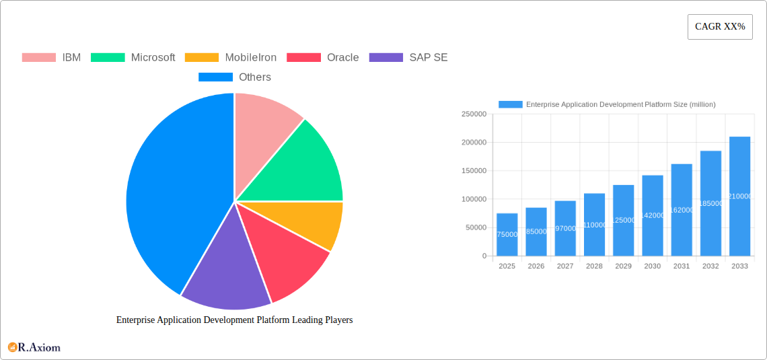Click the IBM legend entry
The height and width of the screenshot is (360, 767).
click(52, 58)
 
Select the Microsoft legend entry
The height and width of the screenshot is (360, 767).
click(133, 58)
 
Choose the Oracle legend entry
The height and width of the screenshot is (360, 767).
click(323, 58)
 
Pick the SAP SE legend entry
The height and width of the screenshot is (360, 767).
click(409, 58)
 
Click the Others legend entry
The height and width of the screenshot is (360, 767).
click(235, 77)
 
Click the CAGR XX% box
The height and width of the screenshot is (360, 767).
click(720, 27)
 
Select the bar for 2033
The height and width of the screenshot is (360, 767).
click(739, 196)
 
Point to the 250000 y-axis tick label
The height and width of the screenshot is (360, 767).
click(474, 114)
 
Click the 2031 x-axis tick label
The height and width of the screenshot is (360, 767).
click(682, 266)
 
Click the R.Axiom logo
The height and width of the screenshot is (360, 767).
click(34, 347)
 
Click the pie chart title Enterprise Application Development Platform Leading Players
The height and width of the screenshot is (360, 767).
click(234, 320)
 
